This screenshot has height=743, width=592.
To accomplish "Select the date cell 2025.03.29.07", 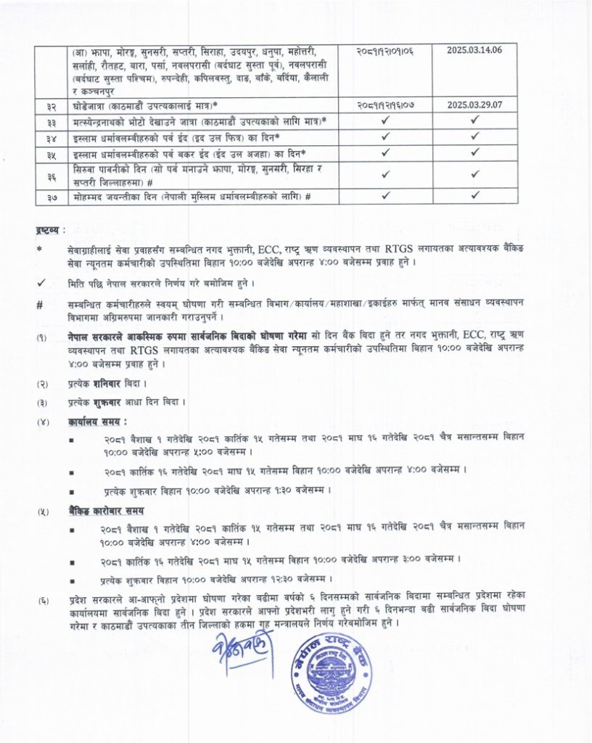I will point(475,104).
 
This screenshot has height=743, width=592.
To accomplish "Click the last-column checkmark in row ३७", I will point(475,195).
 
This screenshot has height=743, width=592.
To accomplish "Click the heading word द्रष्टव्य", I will point(49,230).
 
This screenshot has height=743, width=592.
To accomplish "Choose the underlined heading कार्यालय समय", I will point(98,421).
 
